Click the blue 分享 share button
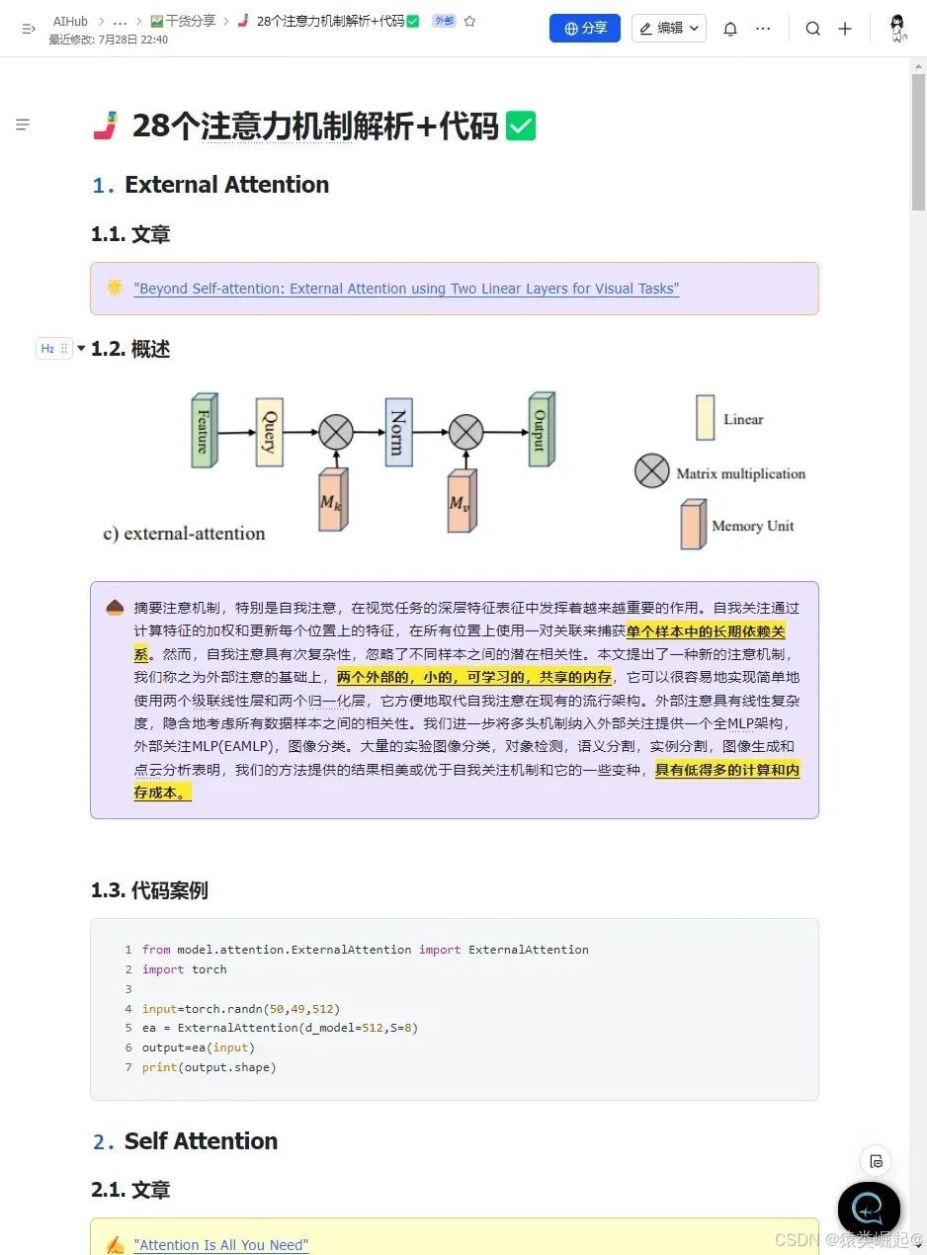[585, 29]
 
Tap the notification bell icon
[730, 29]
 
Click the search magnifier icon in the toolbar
[812, 29]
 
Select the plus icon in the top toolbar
[845, 29]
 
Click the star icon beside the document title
[469, 21]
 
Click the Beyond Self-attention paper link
[406, 289]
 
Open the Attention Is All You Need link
[221, 1245]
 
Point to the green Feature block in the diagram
[204, 432]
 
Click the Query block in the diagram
[269, 432]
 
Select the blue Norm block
[397, 432]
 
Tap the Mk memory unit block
[332, 501]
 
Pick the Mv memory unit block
[461, 502]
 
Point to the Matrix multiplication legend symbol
[651, 471]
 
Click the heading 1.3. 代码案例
[149, 890]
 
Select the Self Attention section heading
[201, 1141]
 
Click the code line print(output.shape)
[209, 1067]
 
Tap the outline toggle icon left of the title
[23, 125]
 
